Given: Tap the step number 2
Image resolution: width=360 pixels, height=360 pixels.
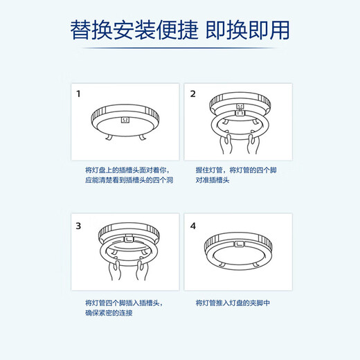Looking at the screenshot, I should (193, 93).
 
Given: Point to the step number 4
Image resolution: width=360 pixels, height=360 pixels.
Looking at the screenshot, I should (193, 226).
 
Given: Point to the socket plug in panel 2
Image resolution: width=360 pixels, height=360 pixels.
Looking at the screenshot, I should (239, 108).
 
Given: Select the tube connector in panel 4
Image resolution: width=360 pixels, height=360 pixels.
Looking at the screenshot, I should (237, 243).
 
